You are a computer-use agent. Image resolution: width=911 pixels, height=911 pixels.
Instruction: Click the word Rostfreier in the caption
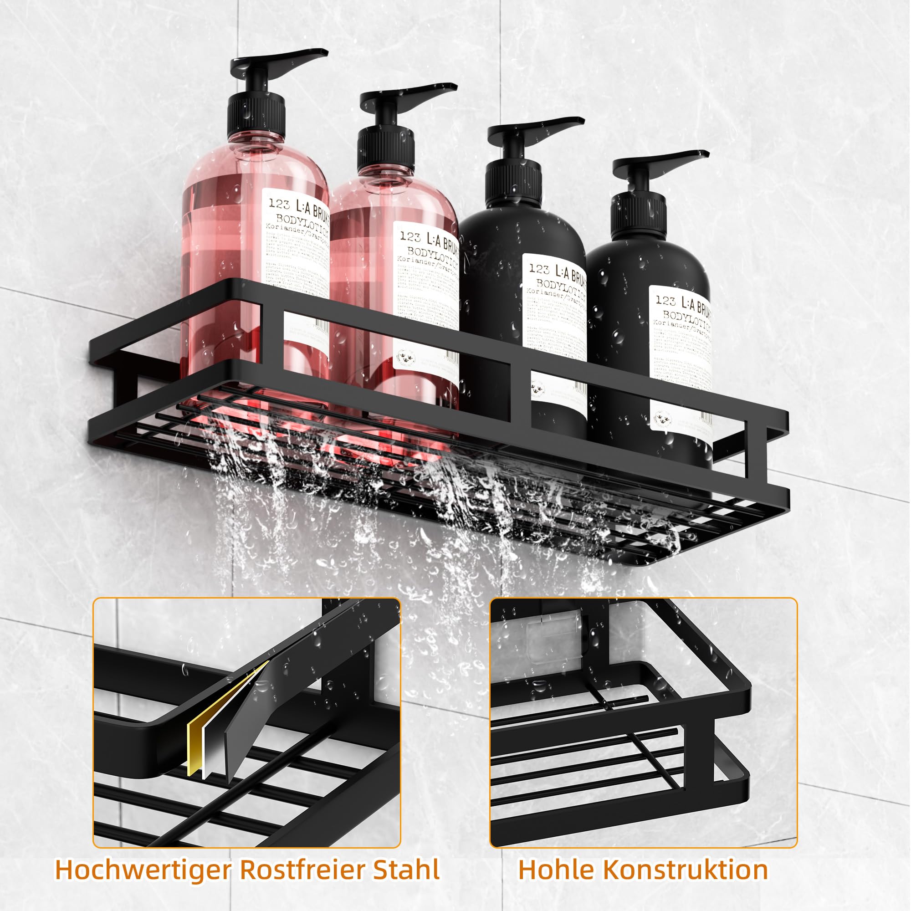click(302, 870)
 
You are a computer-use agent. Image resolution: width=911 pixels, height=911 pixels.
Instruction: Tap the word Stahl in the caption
click(406, 870)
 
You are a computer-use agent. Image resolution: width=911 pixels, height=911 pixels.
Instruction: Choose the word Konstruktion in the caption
click(685, 870)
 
